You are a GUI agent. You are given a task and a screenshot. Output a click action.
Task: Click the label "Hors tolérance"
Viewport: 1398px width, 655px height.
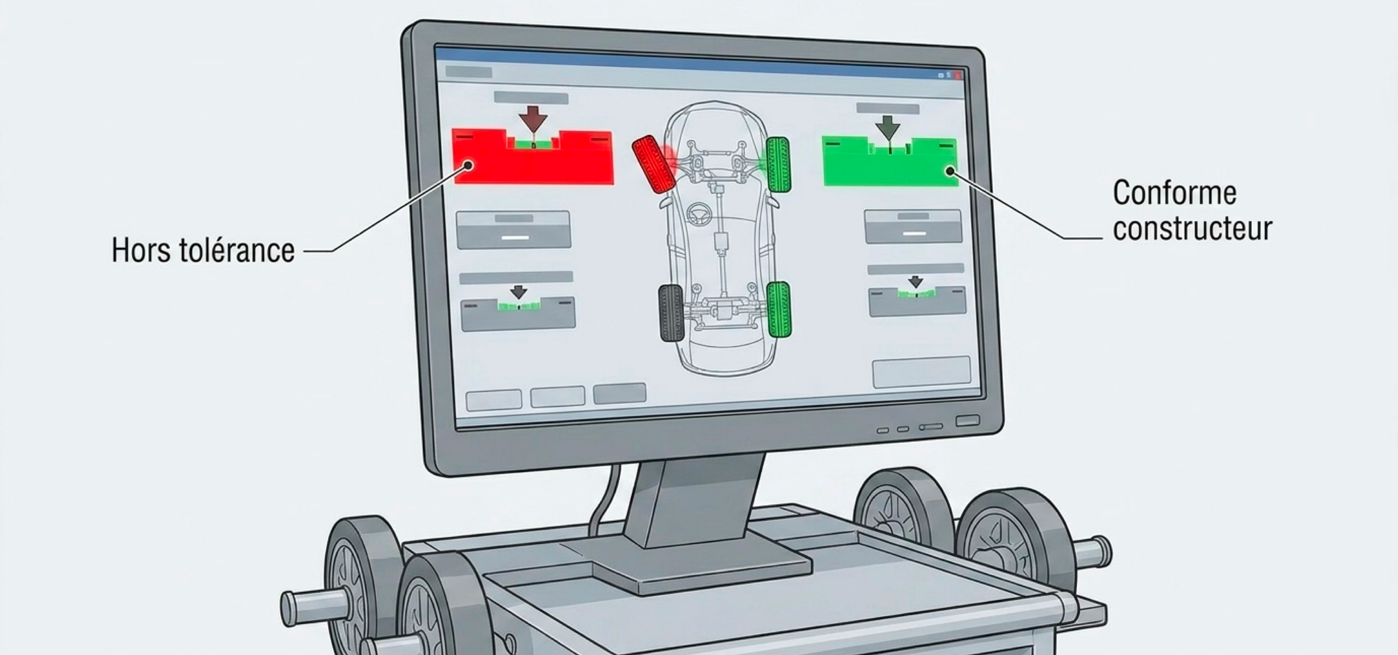[203, 251]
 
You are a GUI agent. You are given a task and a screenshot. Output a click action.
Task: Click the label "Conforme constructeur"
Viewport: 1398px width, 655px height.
[1193, 211]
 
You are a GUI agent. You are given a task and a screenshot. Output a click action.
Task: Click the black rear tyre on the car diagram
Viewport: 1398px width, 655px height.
[672, 313]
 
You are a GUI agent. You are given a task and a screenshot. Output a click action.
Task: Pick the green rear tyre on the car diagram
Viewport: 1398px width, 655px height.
[779, 309]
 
